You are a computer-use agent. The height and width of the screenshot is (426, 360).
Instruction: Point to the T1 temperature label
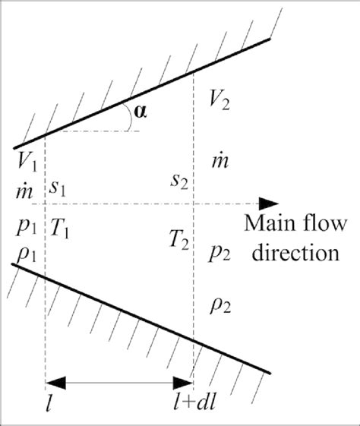[x=61, y=227]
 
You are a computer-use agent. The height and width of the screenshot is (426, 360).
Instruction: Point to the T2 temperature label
[x=179, y=241]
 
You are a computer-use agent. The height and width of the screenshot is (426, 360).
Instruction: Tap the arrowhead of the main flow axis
[x=267, y=204]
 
